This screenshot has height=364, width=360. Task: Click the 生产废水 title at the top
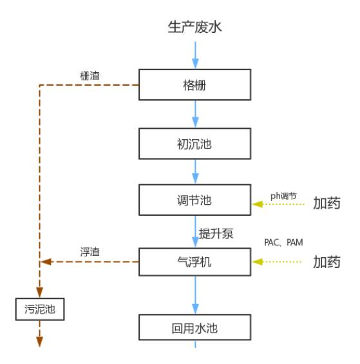click(x=195, y=26)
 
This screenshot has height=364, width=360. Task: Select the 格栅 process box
click(x=194, y=85)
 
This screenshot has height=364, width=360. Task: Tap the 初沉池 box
click(x=194, y=143)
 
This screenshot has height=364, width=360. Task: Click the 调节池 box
click(x=194, y=200)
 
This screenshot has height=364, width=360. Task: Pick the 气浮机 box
click(x=194, y=262)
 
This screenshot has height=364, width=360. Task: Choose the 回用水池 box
click(x=194, y=328)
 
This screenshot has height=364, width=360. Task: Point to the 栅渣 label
click(x=91, y=75)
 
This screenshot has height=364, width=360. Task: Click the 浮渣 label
click(x=91, y=252)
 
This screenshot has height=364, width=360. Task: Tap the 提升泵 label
click(x=216, y=233)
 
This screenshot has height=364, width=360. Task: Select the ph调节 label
click(x=283, y=195)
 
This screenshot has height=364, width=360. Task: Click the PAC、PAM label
click(x=283, y=242)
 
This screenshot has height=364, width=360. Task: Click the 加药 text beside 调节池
click(x=327, y=204)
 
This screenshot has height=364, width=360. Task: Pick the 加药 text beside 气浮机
click(x=327, y=262)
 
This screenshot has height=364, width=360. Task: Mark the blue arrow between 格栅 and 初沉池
click(x=195, y=114)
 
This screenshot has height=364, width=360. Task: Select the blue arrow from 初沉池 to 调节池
click(x=195, y=172)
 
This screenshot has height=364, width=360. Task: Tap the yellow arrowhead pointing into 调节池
click(x=258, y=204)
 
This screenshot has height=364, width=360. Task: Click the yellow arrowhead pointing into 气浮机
click(x=258, y=262)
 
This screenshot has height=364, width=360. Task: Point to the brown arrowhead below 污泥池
click(x=40, y=341)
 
